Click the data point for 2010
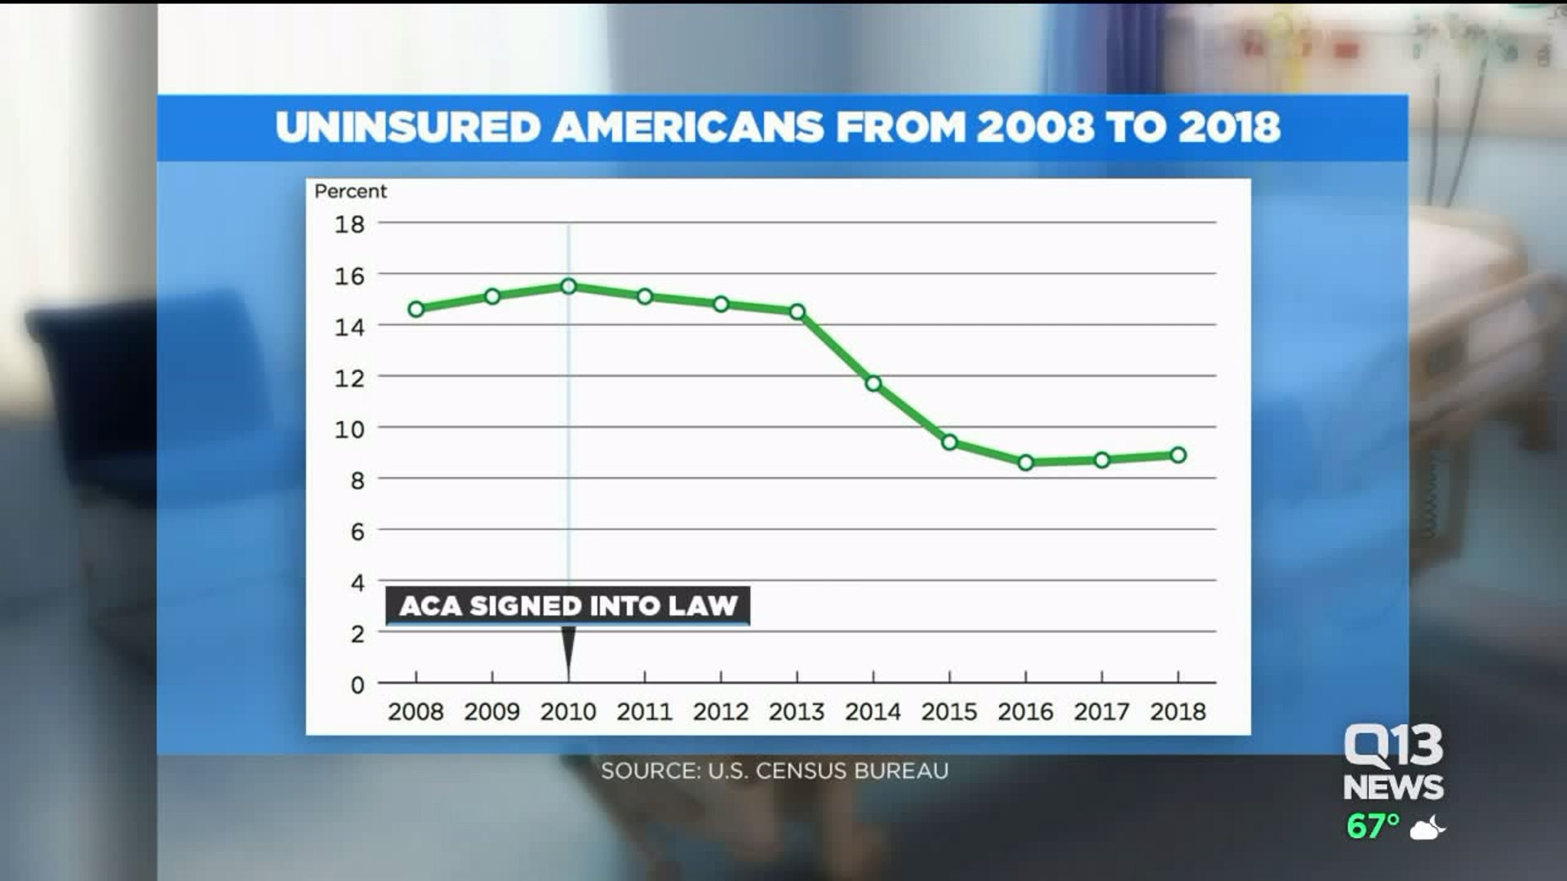(569, 286)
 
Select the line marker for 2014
(873, 383)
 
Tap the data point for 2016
(1026, 463)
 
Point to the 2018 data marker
(1178, 455)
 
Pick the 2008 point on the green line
(416, 309)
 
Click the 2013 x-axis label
(797, 712)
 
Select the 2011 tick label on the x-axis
(644, 712)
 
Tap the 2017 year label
(1102, 712)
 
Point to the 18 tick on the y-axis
(349, 224)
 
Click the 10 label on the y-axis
(349, 430)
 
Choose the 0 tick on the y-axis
(357, 685)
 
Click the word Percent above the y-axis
(350, 191)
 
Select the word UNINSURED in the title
(407, 128)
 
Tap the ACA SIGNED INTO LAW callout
(568, 606)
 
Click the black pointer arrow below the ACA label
(569, 649)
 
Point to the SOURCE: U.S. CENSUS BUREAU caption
(775, 771)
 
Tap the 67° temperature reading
(1373, 826)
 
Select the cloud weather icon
(1427, 829)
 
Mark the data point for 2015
(949, 442)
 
